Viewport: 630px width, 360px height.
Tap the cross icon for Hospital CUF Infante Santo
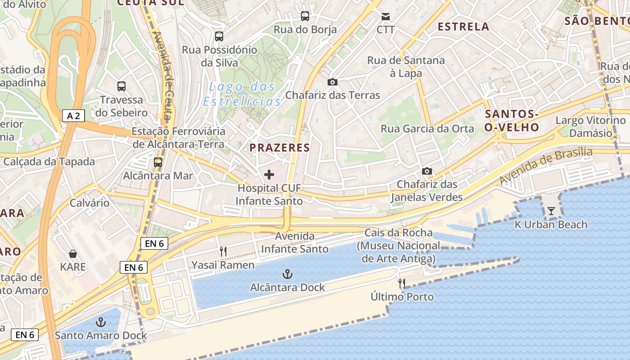click(269, 175)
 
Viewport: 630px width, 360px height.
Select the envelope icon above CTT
click(386, 17)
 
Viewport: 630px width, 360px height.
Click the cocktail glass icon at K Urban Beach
click(551, 211)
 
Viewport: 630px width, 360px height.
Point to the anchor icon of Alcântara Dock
click(287, 274)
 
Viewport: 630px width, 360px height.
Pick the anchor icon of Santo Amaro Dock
click(101, 322)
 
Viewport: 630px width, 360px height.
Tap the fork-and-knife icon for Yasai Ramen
click(223, 252)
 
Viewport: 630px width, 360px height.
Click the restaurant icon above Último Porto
click(402, 283)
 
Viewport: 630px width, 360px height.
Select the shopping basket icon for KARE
click(73, 254)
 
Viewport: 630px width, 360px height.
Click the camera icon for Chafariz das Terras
click(333, 82)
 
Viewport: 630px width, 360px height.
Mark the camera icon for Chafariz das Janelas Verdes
click(427, 171)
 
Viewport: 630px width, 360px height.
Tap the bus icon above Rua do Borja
click(305, 16)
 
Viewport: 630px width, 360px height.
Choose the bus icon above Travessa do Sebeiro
click(121, 86)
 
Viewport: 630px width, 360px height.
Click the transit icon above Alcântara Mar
click(158, 162)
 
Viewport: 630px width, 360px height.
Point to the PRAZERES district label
click(279, 148)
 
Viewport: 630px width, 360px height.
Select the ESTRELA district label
click(463, 27)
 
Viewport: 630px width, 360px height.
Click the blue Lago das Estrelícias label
click(242, 94)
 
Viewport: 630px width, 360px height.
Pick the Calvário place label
click(89, 203)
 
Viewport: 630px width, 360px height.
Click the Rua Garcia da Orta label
click(427, 129)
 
